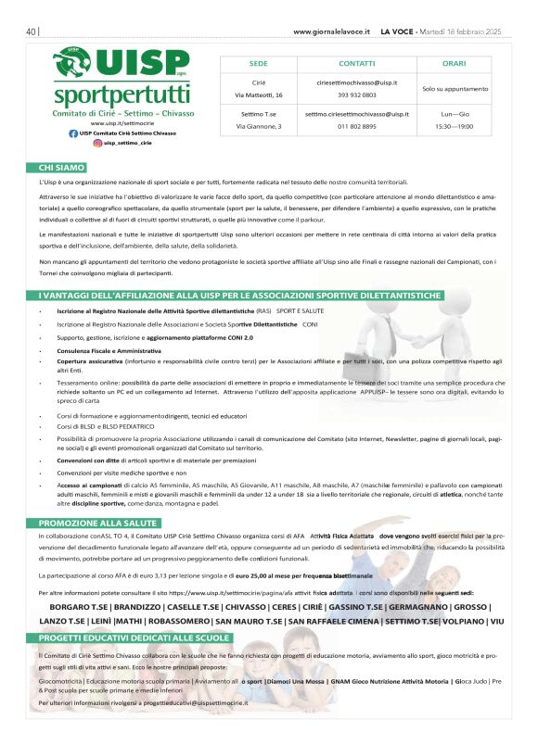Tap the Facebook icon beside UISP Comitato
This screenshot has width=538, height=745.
tap(74, 133)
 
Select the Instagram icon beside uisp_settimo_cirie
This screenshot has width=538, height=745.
tap(97, 144)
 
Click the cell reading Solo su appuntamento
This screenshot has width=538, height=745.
tap(454, 88)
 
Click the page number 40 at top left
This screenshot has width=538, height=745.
tap(32, 31)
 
